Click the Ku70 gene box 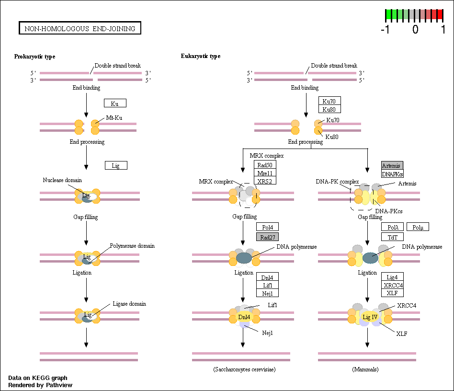[329, 101]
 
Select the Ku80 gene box [329, 109]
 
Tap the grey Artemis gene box [392, 165]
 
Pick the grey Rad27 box [267, 237]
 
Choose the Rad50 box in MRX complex [265, 164]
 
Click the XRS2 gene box [265, 181]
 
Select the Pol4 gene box [267, 227]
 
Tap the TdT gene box [392, 237]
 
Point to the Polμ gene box [418, 227]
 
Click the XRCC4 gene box [392, 285]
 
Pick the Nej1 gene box [267, 293]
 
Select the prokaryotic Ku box [115, 103]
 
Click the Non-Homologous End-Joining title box [80, 28]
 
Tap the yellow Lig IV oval [370, 317]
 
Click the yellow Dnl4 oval [244, 317]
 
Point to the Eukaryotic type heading [201, 56]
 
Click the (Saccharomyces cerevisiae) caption [244, 369]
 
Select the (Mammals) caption [365, 369]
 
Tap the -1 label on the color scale [385, 29]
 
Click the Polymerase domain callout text [132, 246]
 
